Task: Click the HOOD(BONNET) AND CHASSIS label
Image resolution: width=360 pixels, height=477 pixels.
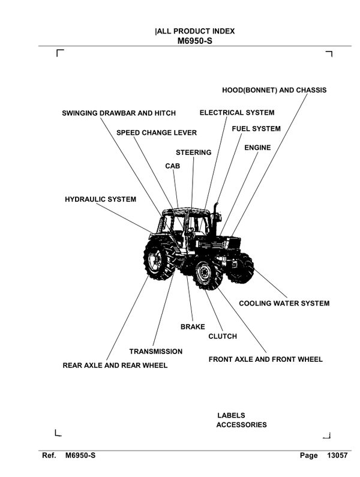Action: [x=274, y=91]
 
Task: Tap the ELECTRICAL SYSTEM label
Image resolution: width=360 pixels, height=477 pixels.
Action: [x=237, y=113]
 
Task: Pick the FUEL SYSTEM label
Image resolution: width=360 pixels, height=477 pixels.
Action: [x=256, y=129]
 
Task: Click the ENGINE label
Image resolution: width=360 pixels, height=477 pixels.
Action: [x=257, y=148]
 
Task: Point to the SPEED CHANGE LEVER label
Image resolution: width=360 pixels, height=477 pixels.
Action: [x=157, y=133]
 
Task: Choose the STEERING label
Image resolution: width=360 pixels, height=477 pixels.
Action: [x=193, y=153]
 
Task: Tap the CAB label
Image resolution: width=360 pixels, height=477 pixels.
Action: [x=173, y=165]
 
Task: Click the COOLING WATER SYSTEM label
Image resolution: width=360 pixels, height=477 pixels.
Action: [x=284, y=304]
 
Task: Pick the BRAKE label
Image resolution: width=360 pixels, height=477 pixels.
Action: [x=193, y=327]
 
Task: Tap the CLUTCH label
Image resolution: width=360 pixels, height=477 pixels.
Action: [x=223, y=337]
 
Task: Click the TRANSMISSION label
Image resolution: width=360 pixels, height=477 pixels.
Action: [x=156, y=352]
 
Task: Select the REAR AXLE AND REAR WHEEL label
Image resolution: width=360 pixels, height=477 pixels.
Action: [x=115, y=365]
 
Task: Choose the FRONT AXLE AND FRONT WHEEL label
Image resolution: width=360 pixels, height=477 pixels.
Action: [x=265, y=360]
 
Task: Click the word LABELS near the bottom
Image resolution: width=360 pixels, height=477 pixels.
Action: [x=231, y=415]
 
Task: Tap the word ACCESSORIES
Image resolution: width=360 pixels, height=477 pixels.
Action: [x=241, y=425]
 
